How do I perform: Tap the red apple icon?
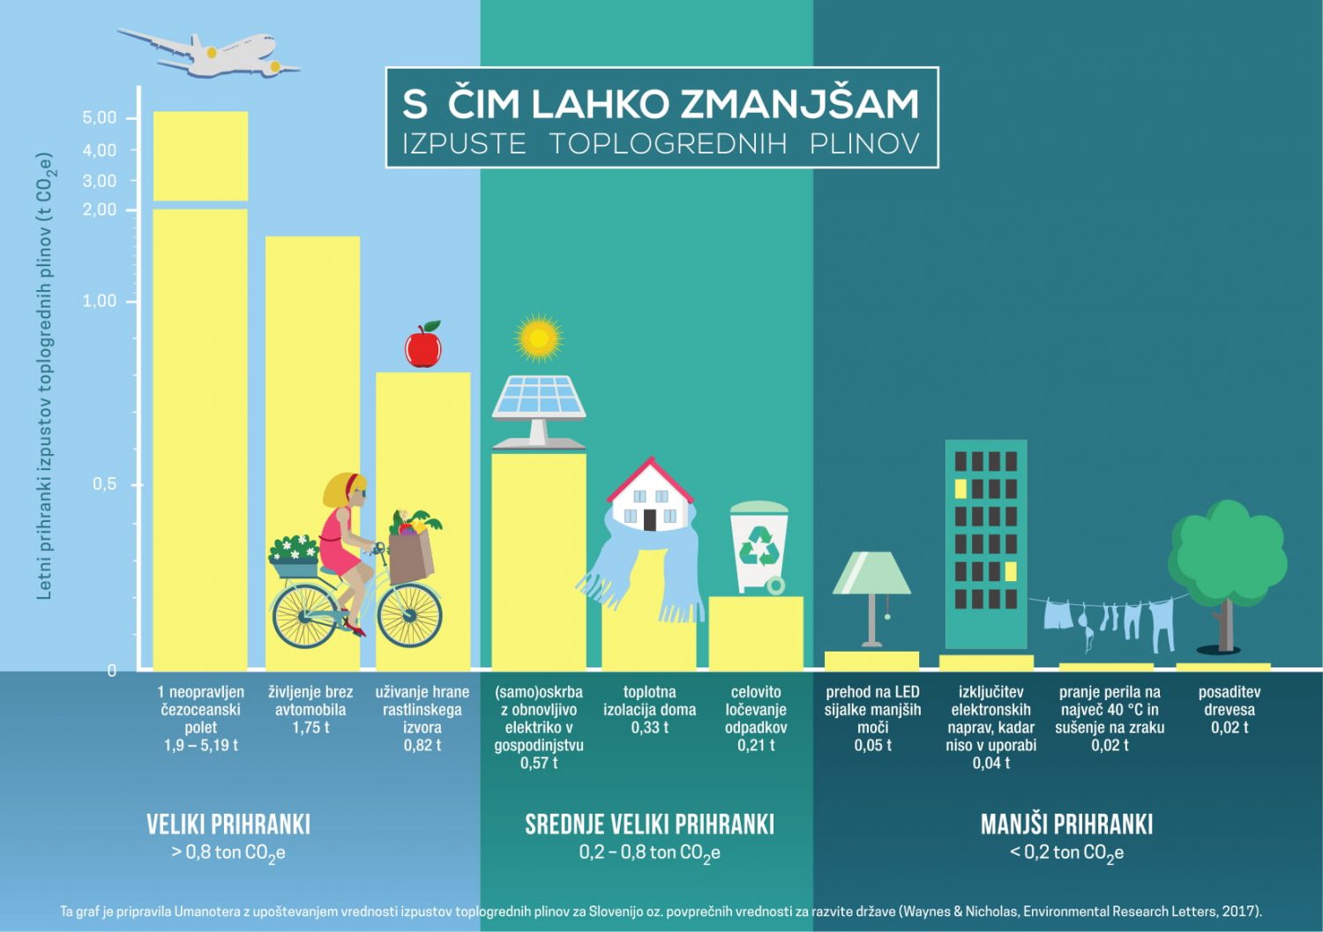tap(423, 346)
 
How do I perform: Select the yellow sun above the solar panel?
tap(538, 339)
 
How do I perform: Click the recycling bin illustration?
tap(759, 547)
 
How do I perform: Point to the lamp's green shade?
tap(871, 573)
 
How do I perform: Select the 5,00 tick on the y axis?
tap(100, 118)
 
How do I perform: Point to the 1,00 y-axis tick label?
tap(100, 301)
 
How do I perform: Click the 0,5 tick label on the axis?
tap(104, 484)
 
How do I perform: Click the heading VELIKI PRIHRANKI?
tap(228, 824)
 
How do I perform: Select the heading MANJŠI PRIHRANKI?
tap(1066, 824)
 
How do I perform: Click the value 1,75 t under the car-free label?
tap(310, 727)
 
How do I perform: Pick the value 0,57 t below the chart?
tap(538, 763)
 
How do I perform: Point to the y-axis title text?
tap(44, 377)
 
